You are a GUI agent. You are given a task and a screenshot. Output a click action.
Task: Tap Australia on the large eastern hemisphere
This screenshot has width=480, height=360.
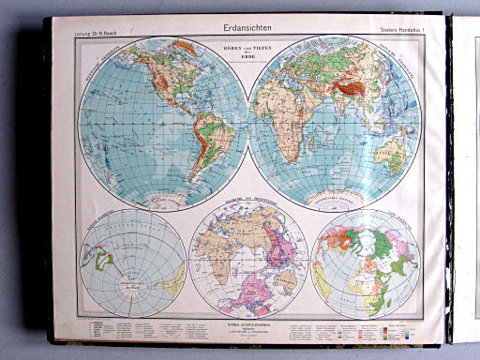point(395,155)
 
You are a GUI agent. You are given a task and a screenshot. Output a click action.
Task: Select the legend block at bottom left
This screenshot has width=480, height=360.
point(131,332)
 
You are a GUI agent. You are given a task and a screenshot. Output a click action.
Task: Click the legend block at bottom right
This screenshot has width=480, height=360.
point(366,332)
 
